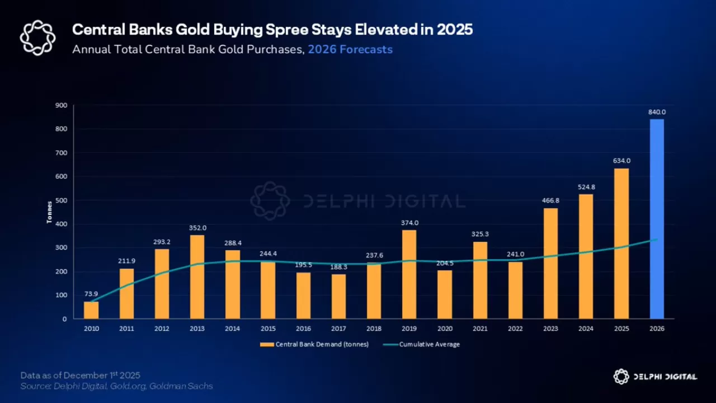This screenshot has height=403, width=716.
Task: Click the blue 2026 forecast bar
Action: [x=657, y=219]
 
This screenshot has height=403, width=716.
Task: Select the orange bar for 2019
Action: [x=409, y=274]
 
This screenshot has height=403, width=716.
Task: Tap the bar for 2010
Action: [x=91, y=310]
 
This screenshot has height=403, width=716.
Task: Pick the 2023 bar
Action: [x=550, y=263]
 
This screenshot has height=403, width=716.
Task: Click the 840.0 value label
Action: [x=657, y=112]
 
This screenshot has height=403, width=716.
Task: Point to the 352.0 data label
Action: [x=197, y=227]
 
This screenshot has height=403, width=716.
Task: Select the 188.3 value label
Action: [x=339, y=266]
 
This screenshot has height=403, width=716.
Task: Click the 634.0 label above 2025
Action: [x=621, y=161]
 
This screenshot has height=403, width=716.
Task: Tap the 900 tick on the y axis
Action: [x=61, y=105]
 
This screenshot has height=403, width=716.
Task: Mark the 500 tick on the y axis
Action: [x=61, y=200]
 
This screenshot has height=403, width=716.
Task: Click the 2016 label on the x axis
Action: [x=303, y=329]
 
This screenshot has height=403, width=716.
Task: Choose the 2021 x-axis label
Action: [x=480, y=329]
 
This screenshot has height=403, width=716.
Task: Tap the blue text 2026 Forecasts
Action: [x=350, y=49]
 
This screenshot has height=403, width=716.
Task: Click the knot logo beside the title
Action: [x=38, y=38]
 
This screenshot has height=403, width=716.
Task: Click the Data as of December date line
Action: [x=81, y=375]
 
